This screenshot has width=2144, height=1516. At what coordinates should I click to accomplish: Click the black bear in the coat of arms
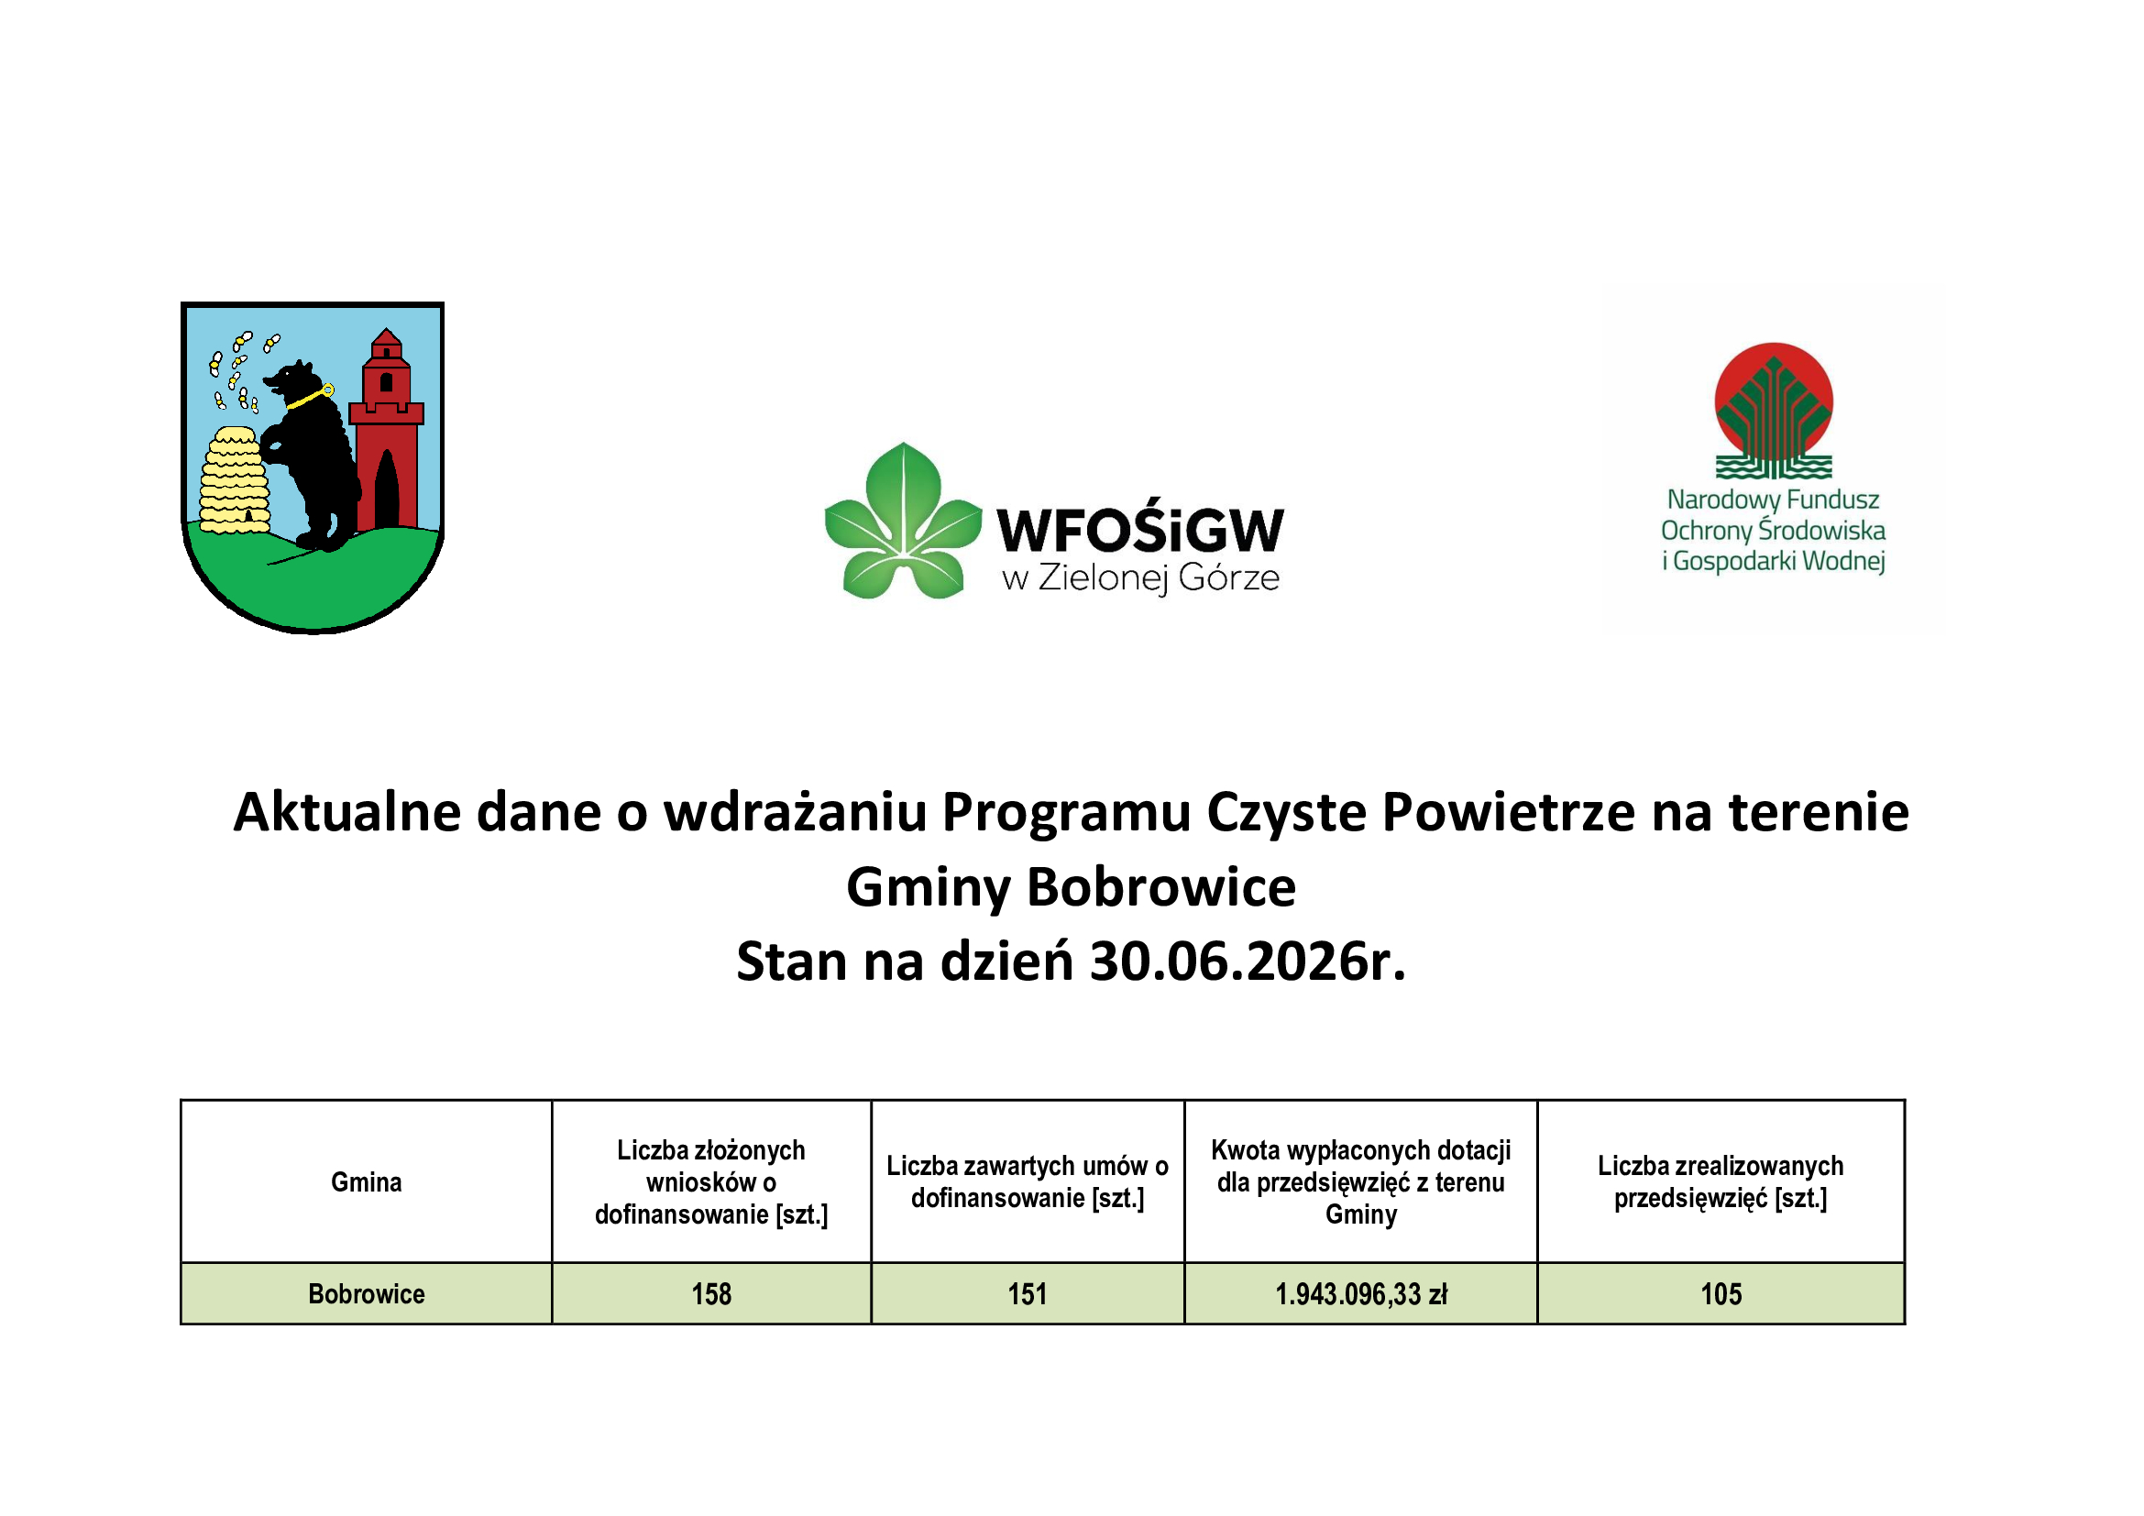pos(313,457)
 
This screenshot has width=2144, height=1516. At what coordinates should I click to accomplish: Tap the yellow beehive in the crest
pos(235,481)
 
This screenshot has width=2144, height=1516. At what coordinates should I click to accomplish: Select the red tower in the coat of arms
pos(386,429)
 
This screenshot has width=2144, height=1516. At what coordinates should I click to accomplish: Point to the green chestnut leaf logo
pos(903,521)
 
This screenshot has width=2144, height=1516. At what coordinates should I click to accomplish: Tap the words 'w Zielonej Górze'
pos(1140,578)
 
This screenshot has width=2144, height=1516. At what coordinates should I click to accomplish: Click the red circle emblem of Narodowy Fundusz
pos(1774,401)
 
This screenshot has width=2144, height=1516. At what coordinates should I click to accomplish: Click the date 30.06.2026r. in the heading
pos(1248,961)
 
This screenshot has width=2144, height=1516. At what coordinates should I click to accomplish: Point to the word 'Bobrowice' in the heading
pos(1161,887)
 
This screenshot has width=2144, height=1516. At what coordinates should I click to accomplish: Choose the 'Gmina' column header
pos(366,1182)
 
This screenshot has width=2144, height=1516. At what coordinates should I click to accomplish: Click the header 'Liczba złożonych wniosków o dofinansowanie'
pos(711,1182)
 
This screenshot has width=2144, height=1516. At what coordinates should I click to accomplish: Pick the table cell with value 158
pos(711,1295)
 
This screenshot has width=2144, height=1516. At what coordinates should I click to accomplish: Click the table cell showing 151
pos(1028,1295)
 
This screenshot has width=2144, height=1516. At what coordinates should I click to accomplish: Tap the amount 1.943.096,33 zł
pos(1360,1295)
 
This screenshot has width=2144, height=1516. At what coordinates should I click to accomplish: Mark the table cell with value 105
pos(1721,1295)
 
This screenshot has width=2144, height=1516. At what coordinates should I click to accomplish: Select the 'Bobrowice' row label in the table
pos(366,1295)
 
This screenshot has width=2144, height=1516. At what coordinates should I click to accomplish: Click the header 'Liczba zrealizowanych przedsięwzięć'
pos(1721,1182)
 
